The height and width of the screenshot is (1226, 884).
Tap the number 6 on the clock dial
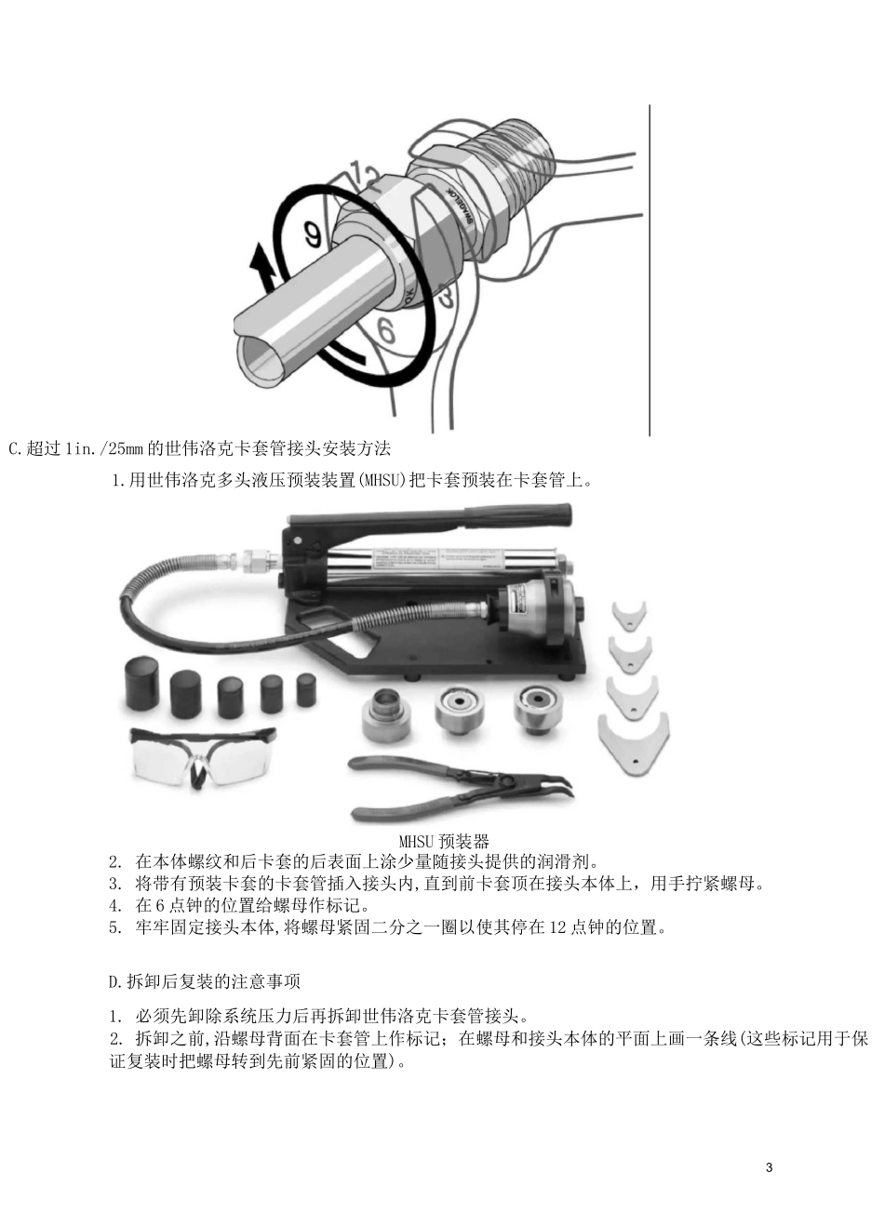(386, 330)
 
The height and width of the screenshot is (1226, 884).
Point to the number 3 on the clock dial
(446, 296)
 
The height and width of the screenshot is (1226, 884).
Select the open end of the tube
(262, 360)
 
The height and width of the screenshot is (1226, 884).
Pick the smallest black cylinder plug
(306, 689)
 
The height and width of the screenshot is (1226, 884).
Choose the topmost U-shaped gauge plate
(629, 616)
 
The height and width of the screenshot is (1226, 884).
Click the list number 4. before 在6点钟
(115, 906)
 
